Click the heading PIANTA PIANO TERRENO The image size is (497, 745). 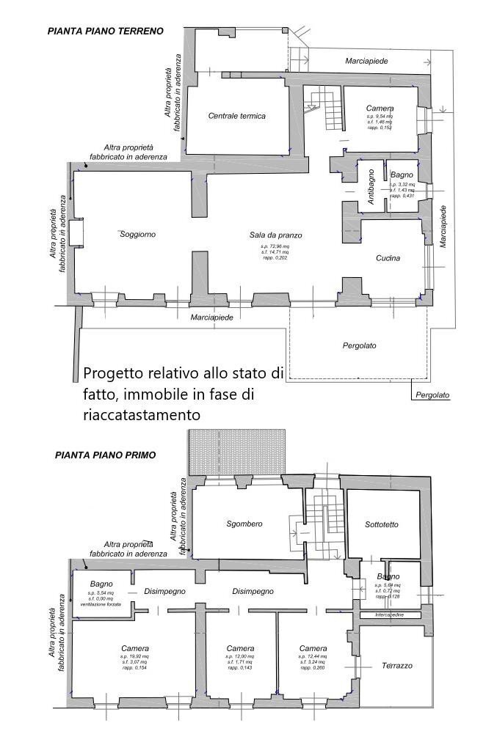(x=105, y=31)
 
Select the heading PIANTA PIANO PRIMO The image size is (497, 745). (x=105, y=455)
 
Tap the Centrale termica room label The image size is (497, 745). (x=236, y=116)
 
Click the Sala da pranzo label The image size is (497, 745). (x=275, y=235)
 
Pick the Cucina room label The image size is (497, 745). (x=388, y=258)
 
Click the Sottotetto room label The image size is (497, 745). (x=382, y=524)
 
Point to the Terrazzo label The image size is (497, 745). (x=396, y=666)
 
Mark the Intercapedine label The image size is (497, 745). (x=391, y=616)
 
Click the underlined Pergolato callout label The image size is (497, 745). (x=432, y=395)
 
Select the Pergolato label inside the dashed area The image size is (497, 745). (x=360, y=345)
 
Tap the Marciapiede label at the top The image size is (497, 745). (x=366, y=61)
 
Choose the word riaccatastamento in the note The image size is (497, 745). (x=141, y=414)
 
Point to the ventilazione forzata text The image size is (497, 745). (x=101, y=603)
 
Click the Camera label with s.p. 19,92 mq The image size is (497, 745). (x=135, y=648)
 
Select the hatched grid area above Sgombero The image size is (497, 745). (x=236, y=452)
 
